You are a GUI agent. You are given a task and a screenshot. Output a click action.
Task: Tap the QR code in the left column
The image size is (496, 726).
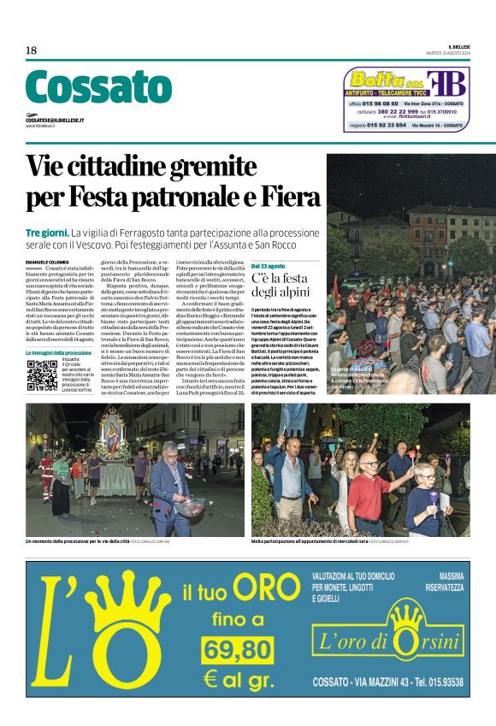[x=42, y=375]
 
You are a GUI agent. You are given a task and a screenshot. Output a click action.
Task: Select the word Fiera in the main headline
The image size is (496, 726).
[x=280, y=196]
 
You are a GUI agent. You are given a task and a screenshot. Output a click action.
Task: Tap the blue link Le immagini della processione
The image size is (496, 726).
[x=58, y=352]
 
